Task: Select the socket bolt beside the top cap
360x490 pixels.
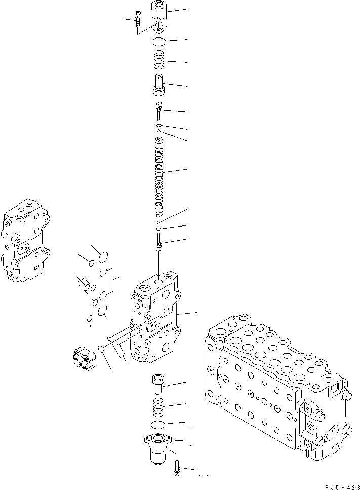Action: tap(138, 20)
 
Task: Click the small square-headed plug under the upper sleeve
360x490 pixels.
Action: tap(158, 108)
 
